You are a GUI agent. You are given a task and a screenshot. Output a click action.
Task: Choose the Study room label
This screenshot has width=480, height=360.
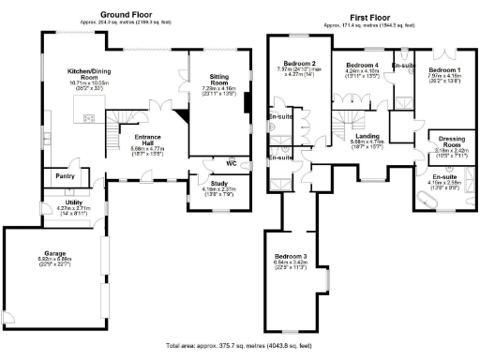point(211,185)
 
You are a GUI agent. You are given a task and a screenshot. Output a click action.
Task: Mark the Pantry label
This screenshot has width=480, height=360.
point(66,175)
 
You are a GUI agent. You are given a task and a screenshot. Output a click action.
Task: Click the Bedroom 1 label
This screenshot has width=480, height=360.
point(445,70)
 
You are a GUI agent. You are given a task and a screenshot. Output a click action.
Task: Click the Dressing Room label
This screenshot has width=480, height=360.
point(454,141)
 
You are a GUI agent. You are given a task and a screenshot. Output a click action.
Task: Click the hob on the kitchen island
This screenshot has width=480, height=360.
point(89,118)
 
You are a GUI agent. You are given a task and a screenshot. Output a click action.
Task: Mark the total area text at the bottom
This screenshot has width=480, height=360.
point(239,346)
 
